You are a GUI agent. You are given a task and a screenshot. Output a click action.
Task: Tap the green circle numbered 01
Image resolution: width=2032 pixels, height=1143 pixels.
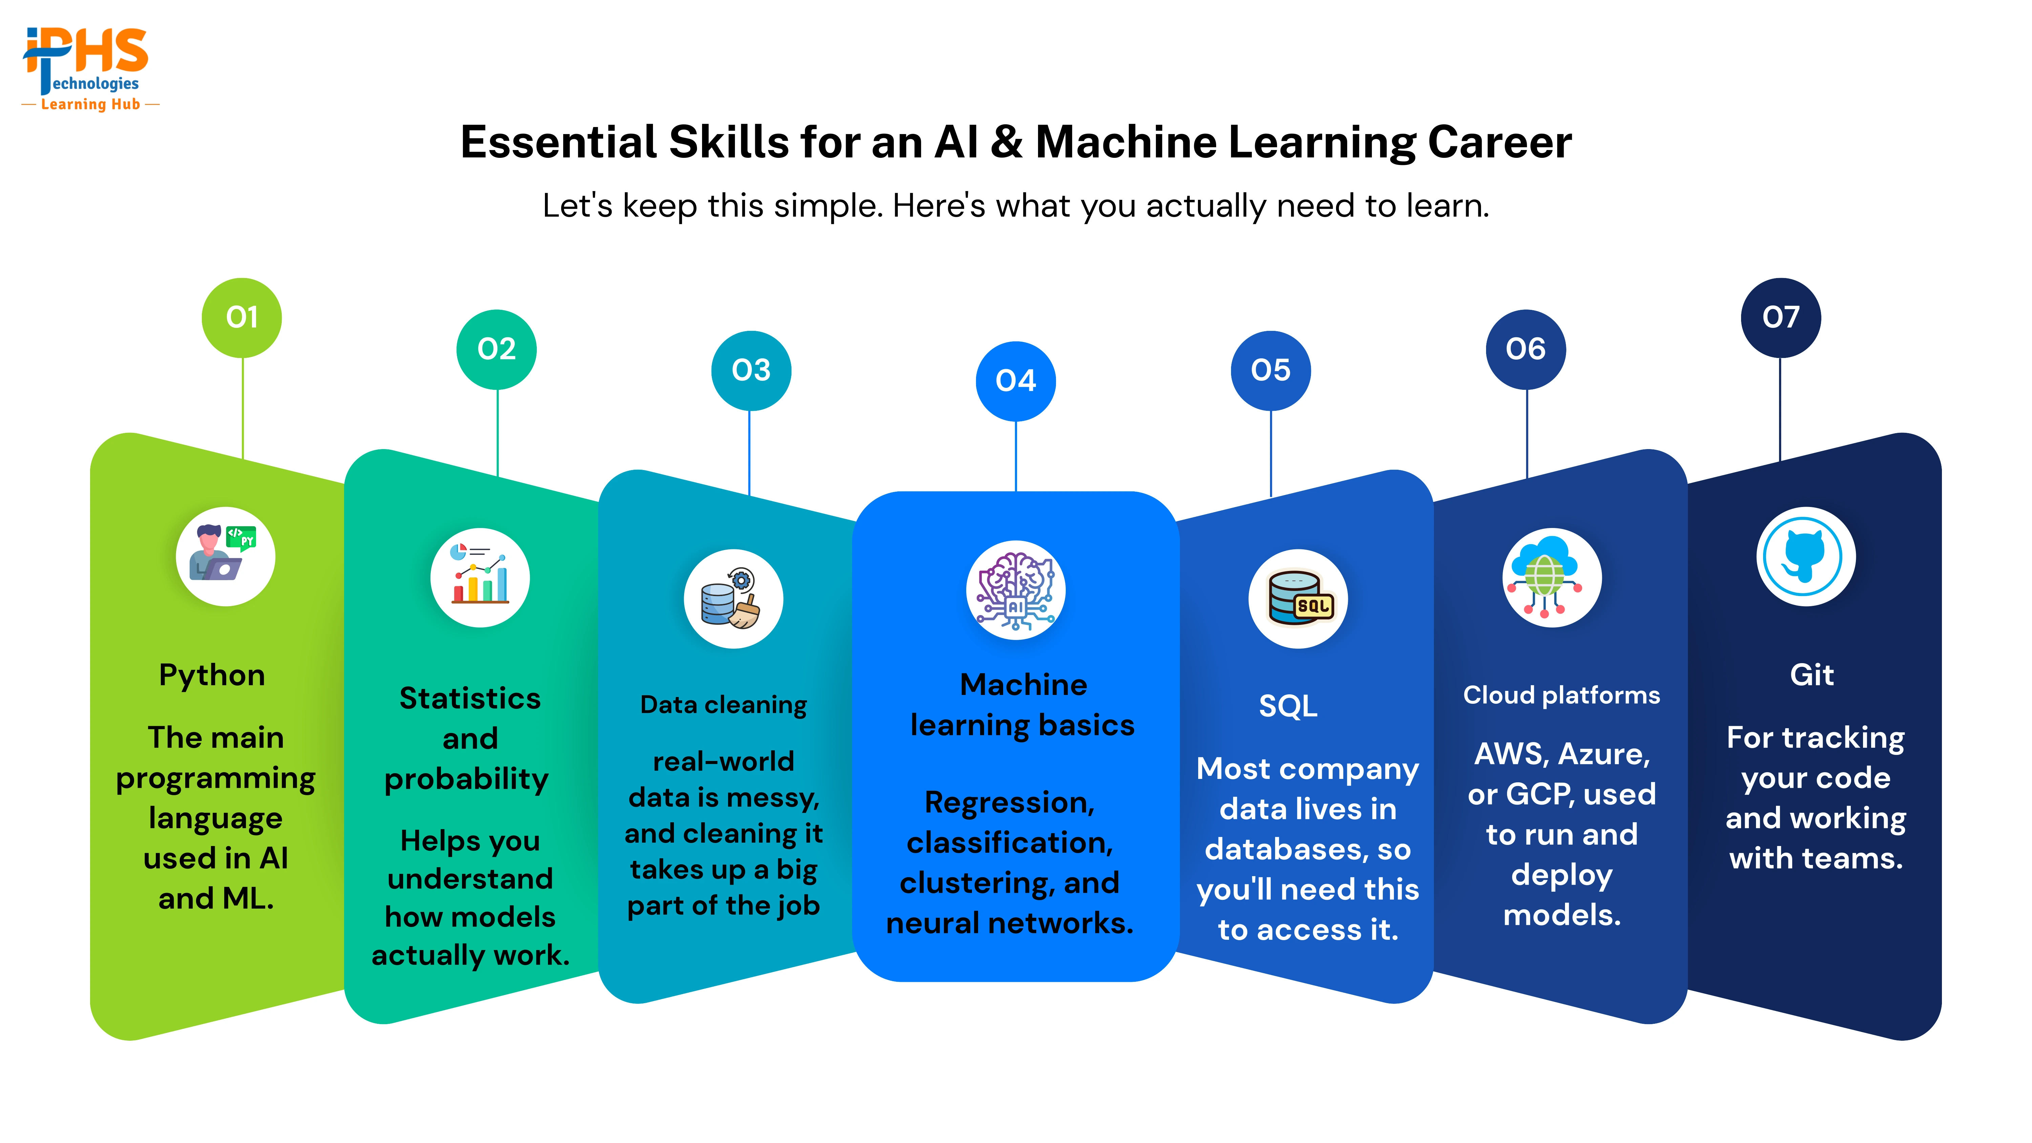(242, 317)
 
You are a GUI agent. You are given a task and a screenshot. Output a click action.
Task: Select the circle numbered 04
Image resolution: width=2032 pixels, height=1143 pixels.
(1016, 381)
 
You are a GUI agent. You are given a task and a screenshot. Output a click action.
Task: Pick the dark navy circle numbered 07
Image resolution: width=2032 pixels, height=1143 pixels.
(1780, 317)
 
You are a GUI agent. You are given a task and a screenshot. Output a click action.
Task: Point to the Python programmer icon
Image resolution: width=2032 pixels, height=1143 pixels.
(226, 556)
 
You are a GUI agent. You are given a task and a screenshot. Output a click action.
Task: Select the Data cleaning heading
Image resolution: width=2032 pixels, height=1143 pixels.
(723, 704)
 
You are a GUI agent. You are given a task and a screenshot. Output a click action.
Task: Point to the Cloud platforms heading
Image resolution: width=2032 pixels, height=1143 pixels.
(1562, 695)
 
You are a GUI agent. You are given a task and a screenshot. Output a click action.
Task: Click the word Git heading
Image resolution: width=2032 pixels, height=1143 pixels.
(1812, 675)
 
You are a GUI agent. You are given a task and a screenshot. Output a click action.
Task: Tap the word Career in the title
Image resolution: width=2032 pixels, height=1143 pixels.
(1500, 143)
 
